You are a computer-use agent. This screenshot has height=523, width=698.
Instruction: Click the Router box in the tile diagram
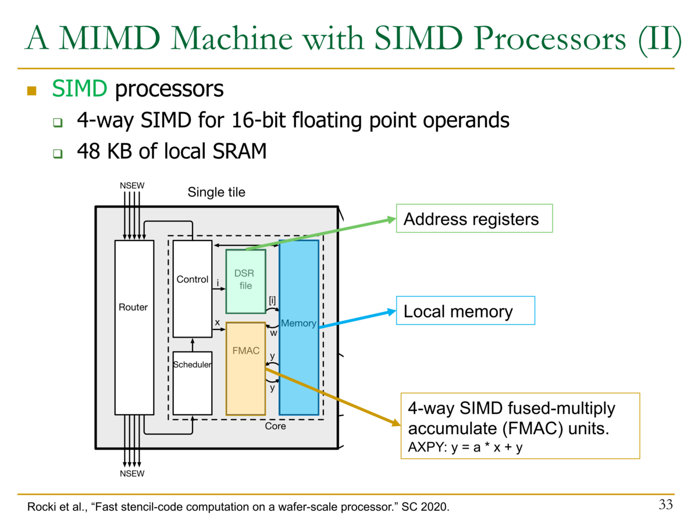134,327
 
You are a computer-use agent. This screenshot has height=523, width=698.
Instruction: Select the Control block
193,289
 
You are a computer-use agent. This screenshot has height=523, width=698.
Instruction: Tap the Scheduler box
193,383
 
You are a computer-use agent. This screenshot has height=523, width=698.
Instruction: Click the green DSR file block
246,281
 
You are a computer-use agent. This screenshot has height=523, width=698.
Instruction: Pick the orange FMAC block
246,368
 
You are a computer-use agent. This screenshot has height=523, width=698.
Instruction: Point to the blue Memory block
299,327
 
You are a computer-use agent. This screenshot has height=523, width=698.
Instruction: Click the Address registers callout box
474,218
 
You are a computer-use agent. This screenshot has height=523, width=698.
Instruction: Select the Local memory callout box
465,310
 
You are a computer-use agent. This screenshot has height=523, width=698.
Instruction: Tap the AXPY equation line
465,447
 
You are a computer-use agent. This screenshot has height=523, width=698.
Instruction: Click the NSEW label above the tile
132,185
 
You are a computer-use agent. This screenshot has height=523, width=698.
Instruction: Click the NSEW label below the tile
132,474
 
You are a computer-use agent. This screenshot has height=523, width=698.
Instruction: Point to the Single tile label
216,192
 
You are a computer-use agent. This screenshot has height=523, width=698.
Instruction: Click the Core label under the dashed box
275,426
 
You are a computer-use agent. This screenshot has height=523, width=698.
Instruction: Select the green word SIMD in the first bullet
80,88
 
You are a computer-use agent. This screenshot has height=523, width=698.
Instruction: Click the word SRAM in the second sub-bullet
239,151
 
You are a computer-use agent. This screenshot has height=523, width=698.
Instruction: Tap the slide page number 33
665,504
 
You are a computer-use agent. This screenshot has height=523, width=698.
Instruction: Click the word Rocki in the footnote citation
40,507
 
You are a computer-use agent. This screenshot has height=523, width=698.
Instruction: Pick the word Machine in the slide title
232,38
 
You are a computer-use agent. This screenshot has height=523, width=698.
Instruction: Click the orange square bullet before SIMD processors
32,91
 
